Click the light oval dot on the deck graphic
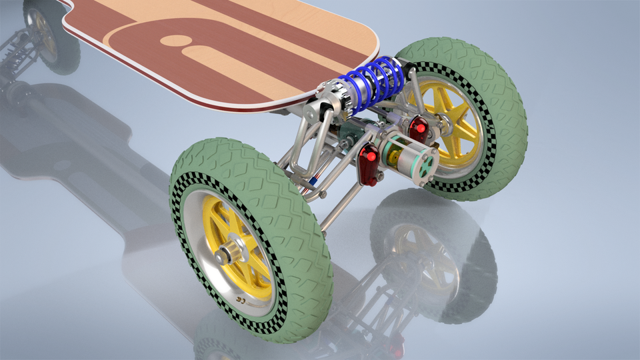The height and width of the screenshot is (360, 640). [x=175, y=40]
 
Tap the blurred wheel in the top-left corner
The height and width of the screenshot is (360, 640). [x=47, y=30]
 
